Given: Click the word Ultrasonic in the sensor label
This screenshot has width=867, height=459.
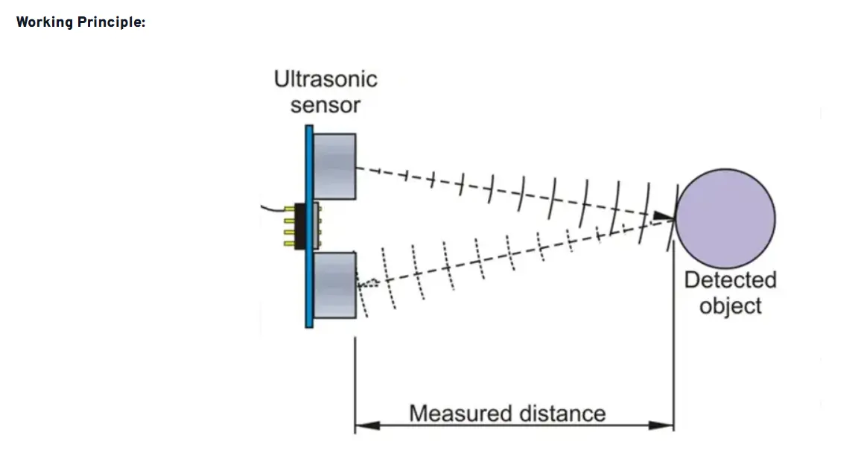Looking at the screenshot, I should (x=325, y=79).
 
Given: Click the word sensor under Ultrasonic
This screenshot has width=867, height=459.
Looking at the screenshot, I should (x=325, y=105).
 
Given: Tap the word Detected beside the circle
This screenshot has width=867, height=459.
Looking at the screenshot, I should (x=730, y=280).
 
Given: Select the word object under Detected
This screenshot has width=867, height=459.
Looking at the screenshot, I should (x=730, y=306).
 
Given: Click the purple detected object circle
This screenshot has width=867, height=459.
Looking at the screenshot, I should (x=725, y=218).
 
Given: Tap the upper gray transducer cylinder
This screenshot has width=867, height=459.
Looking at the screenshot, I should (x=334, y=166).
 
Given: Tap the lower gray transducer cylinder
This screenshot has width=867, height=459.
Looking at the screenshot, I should (x=334, y=285).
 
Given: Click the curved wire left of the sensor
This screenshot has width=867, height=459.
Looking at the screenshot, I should (x=276, y=206).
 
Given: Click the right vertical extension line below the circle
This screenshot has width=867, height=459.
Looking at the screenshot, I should (x=674, y=335).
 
